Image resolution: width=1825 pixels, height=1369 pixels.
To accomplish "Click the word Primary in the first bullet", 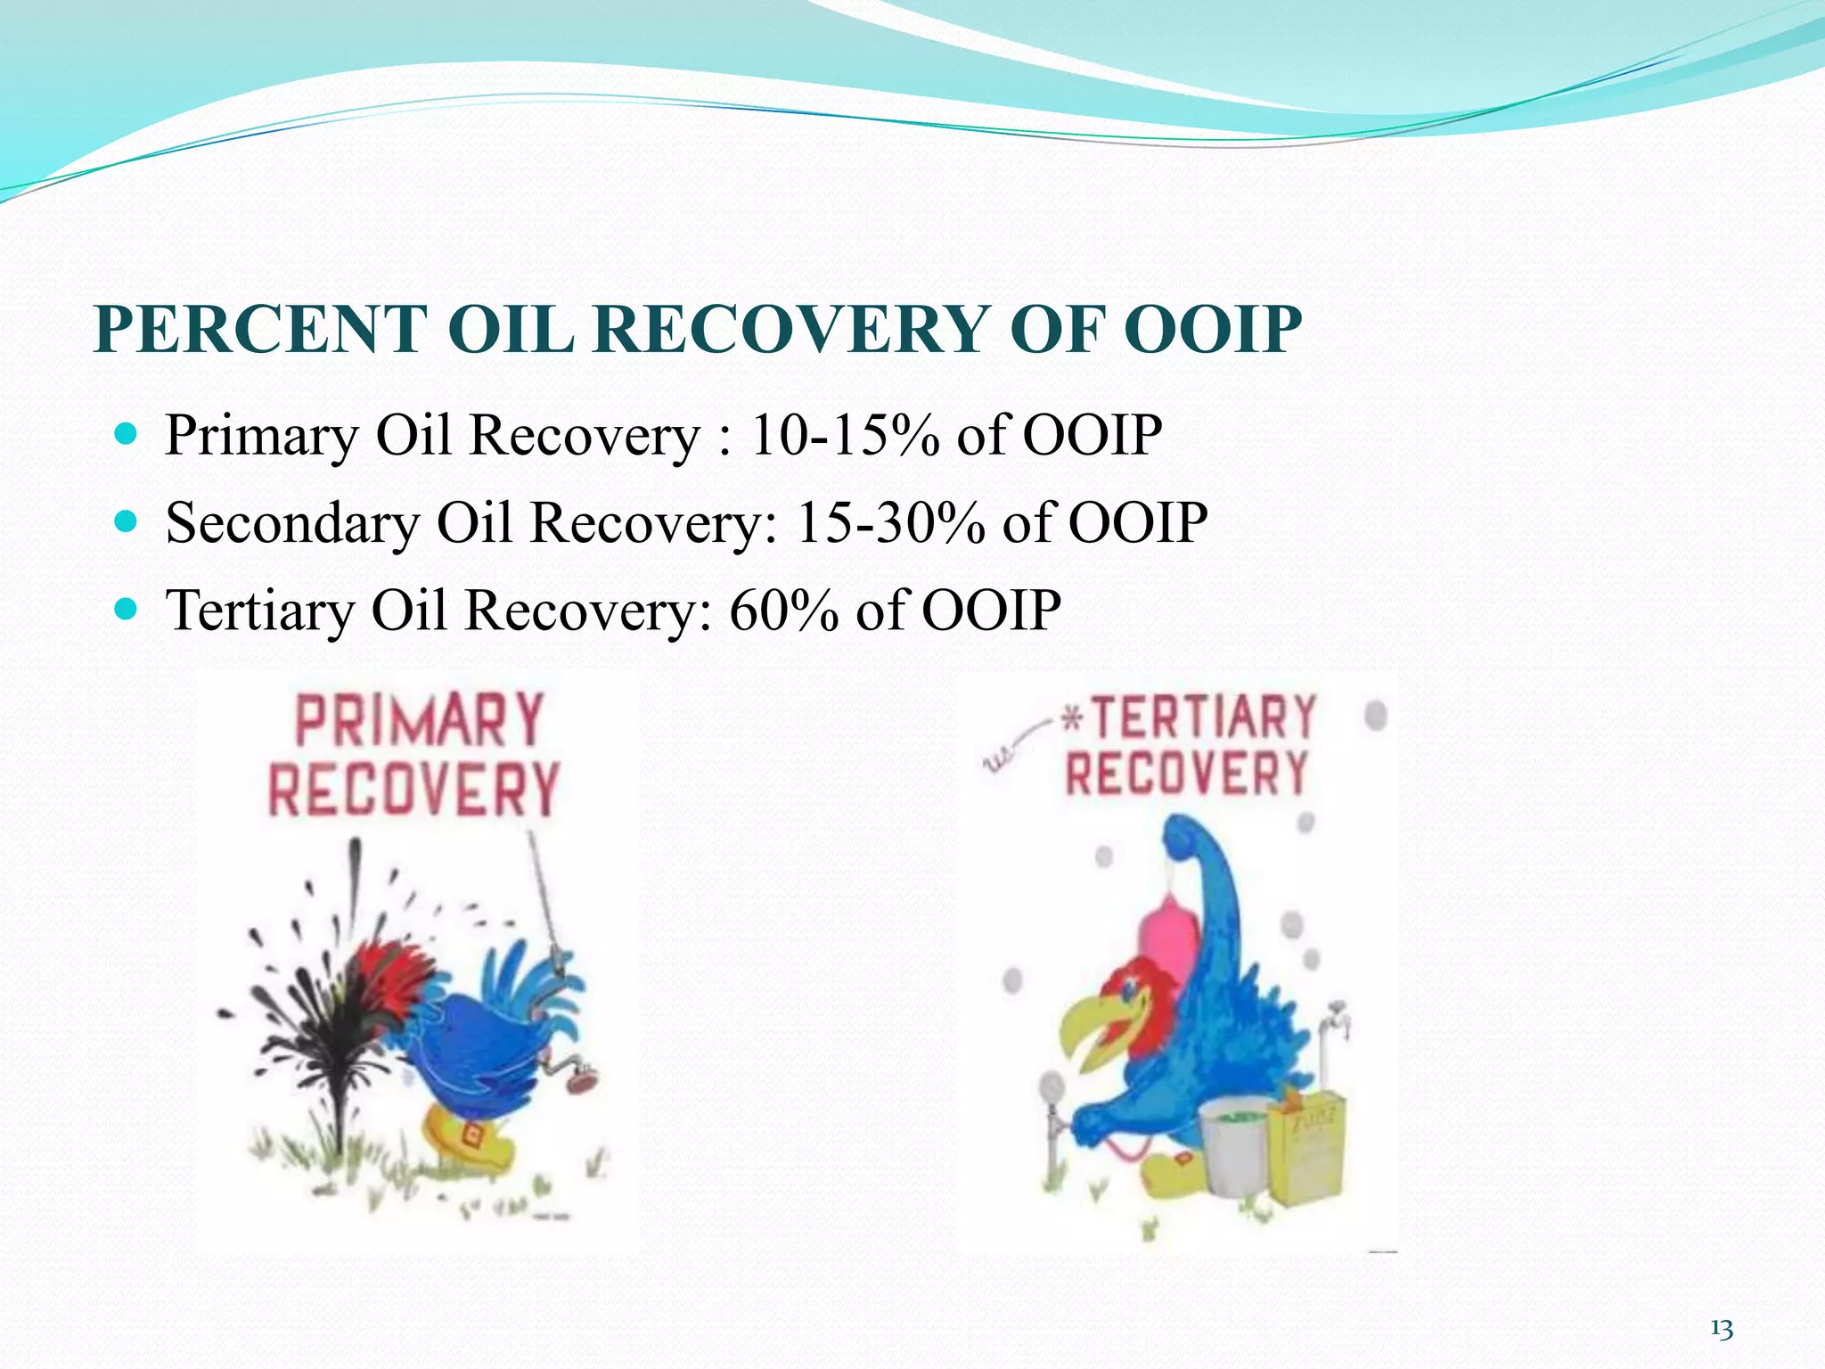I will [x=261, y=436].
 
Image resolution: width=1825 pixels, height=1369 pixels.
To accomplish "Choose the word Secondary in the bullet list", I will [x=292, y=523].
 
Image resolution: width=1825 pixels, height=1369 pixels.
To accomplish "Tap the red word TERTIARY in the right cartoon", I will [x=1203, y=718].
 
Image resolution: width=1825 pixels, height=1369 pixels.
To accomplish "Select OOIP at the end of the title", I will [x=1212, y=330].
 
